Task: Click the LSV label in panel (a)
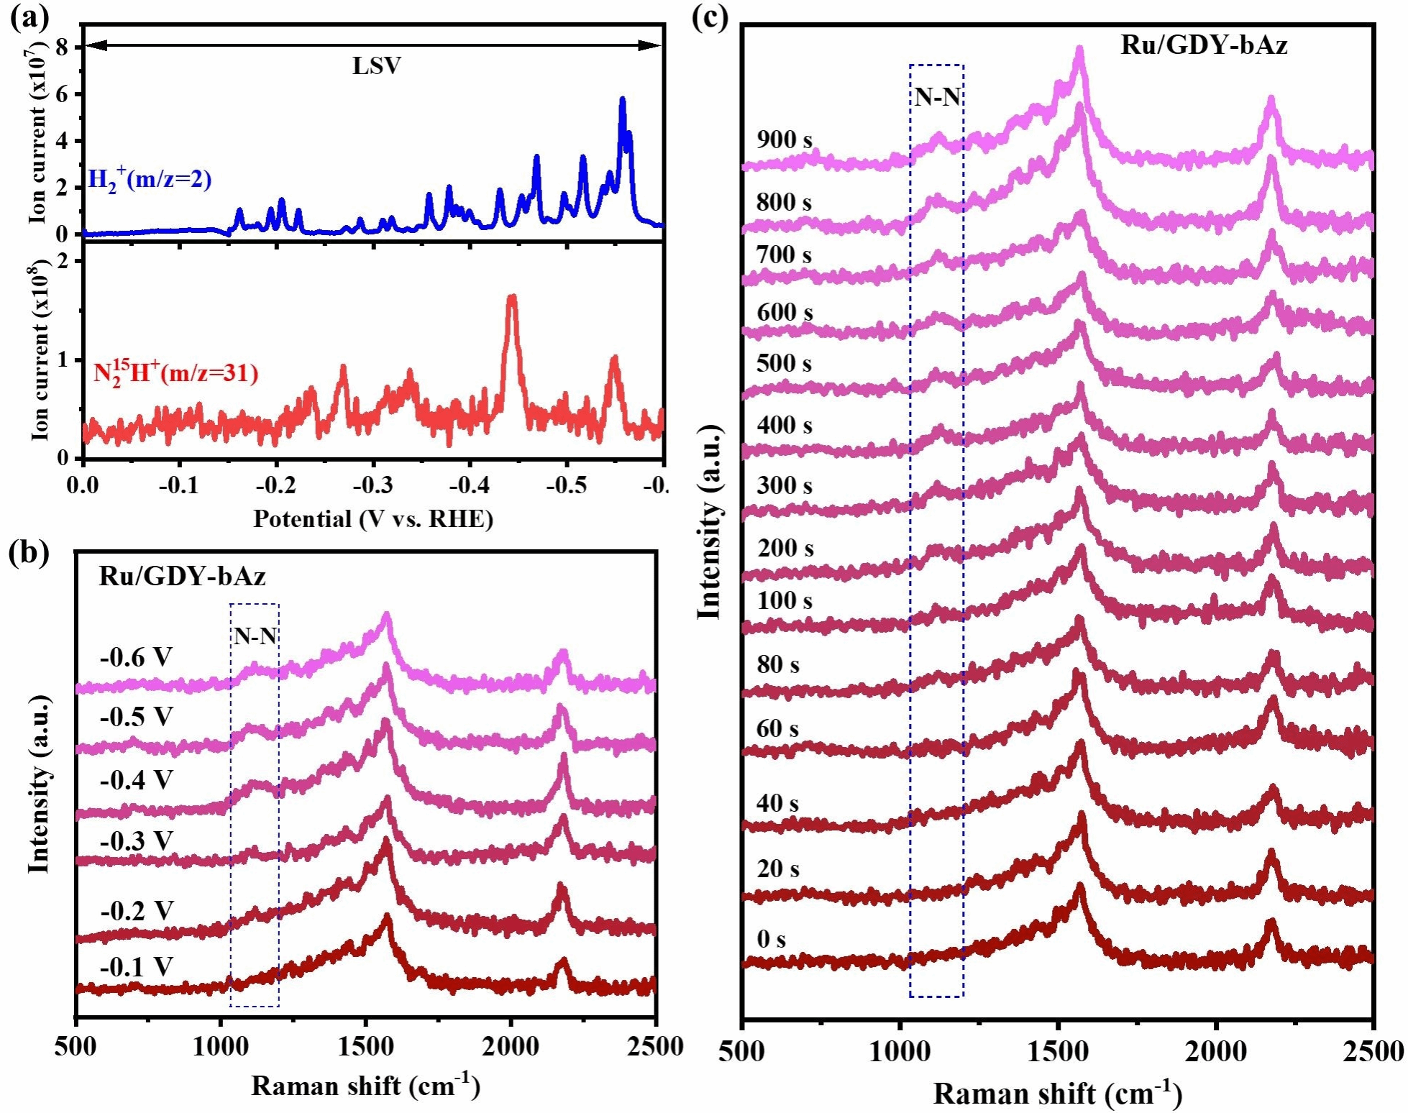[376, 66]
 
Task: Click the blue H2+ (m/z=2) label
[150, 179]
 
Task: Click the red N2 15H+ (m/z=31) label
[175, 372]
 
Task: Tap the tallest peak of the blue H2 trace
[622, 100]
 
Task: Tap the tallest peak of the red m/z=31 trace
[512, 297]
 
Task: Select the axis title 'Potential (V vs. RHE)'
[372, 518]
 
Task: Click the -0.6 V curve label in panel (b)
[137, 656]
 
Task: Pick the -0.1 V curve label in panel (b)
[137, 967]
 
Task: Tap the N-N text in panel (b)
[255, 636]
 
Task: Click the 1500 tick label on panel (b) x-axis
[365, 1047]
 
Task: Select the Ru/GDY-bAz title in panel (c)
[1204, 45]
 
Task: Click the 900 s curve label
[784, 139]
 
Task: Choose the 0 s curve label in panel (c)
[771, 939]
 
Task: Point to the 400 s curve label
[784, 425]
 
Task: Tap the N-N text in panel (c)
[937, 97]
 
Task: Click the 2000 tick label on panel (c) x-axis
[1216, 1053]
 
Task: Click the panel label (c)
[710, 16]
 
